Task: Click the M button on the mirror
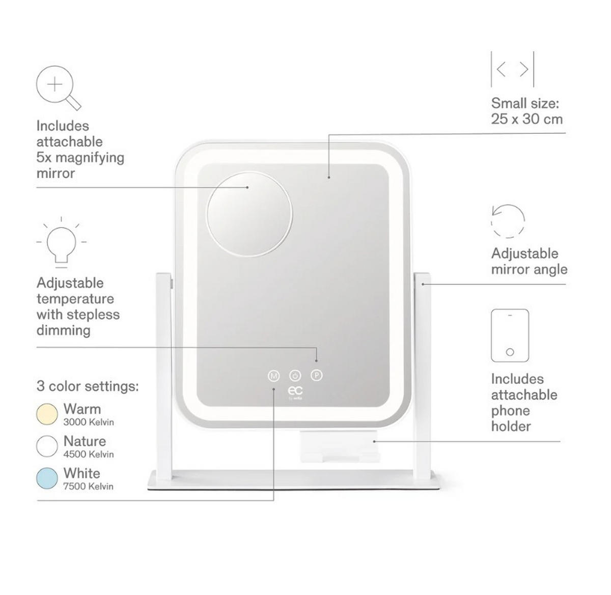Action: tap(273, 376)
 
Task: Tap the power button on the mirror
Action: tap(295, 375)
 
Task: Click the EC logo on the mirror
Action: tap(295, 392)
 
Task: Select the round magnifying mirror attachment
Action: tap(249, 214)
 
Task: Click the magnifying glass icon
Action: tap(58, 88)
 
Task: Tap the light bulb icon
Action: tap(61, 243)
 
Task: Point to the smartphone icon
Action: tap(510, 335)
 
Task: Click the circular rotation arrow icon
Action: tap(508, 221)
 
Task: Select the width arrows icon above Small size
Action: tap(512, 69)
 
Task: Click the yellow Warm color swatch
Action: tap(47, 414)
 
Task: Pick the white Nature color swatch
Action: tap(47, 446)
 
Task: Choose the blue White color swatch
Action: tap(47, 478)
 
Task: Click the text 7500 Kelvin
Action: tap(88, 486)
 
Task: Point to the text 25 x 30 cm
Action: tap(527, 119)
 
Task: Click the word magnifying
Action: tap(90, 158)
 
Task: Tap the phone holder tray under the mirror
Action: tap(339, 446)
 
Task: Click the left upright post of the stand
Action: tap(164, 377)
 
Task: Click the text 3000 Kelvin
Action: tap(89, 422)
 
